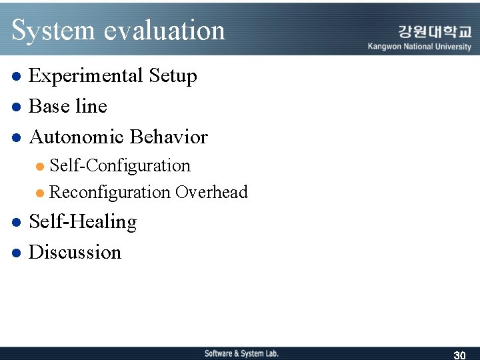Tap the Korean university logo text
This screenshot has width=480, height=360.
coord(434,31)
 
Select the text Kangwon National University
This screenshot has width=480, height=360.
coord(419,47)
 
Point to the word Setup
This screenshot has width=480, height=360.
coord(173,76)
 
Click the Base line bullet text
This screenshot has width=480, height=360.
coord(67,106)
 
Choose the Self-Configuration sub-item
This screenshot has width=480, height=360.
coord(120,165)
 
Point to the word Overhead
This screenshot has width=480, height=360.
coord(211,193)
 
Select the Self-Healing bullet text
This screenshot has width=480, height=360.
coord(83,222)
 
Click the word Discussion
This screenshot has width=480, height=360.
coord(75,252)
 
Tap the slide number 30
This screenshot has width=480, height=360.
coord(459,355)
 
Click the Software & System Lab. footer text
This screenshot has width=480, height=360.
coord(241,353)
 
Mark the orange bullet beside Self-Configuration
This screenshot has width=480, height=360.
coord(41,166)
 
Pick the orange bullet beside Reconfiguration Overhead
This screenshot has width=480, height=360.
coord(41,193)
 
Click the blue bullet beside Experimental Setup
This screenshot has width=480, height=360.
coord(17,77)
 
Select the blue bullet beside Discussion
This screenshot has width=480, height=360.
coord(17,253)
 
